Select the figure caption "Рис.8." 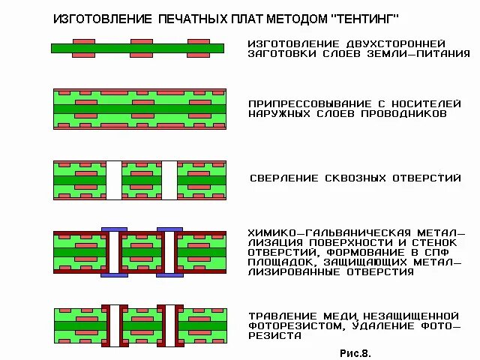355,351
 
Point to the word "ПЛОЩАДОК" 283,262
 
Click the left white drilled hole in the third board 113,180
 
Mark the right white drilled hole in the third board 169,180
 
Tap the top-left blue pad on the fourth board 113,228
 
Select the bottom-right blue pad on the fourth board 169,274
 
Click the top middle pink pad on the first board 141,40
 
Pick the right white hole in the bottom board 169,325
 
